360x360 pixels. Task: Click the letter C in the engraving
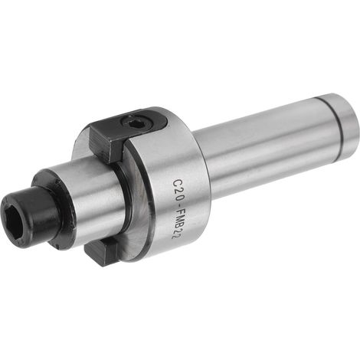pos(178,183)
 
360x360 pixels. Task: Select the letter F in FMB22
pos(177,213)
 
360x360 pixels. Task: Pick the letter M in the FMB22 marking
pos(176,220)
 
